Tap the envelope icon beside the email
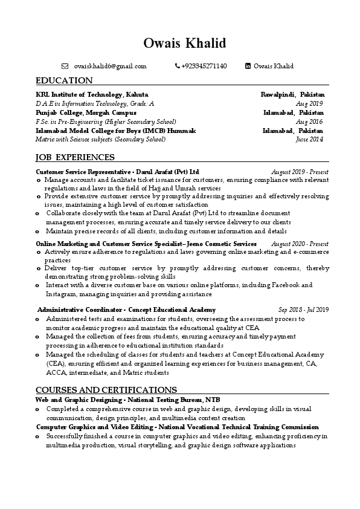pyautogui.click(x=65, y=66)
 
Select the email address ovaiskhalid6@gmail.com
pyautogui.click(x=110, y=66)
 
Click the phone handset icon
pyautogui.click(x=177, y=66)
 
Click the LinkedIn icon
pyautogui.click(x=248, y=66)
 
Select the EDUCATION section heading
pyautogui.click(x=64, y=80)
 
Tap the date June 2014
pyautogui.click(x=310, y=139)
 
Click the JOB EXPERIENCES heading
pyautogui.click(x=75, y=158)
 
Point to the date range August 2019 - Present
pyautogui.click(x=300, y=172)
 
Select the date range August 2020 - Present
pyautogui.click(x=300, y=243)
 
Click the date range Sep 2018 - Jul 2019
pyautogui.click(x=303, y=310)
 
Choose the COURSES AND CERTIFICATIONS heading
pyautogui.click(x=106, y=390)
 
